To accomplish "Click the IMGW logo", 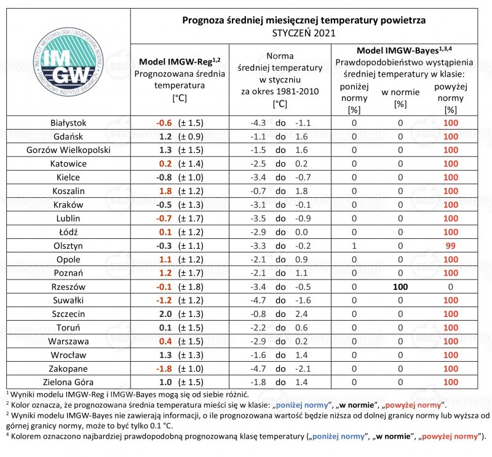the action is [68, 62].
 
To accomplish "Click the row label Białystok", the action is [68, 123].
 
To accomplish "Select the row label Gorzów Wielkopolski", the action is [68, 150].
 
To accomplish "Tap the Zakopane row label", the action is [68, 369].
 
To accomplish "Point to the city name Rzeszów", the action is [68, 287].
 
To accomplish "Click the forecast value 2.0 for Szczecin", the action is [165, 314].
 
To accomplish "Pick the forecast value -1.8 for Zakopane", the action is [164, 369].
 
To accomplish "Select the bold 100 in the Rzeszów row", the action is [400, 287].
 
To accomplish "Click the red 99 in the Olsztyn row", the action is [451, 246].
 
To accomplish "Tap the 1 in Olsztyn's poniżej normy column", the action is [354, 246].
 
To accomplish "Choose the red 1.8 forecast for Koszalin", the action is [165, 191].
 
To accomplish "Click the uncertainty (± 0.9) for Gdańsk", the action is [191, 136].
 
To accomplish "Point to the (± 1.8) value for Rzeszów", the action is [191, 287].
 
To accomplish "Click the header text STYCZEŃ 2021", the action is [304, 33].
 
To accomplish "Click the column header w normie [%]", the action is [400, 98].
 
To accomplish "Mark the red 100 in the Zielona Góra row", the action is [451, 383].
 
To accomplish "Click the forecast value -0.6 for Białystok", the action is [164, 123].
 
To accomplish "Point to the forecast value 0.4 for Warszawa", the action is [165, 342].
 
